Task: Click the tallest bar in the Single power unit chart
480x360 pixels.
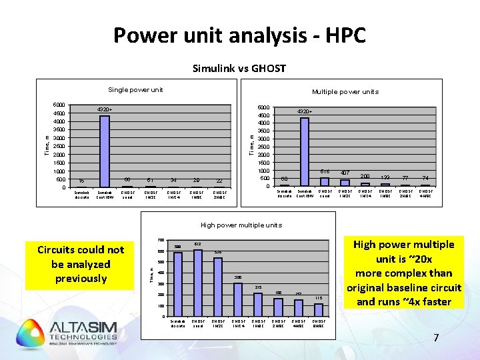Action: click(x=105, y=151)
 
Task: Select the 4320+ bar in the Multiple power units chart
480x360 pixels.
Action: click(x=305, y=151)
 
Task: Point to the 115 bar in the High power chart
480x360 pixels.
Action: click(x=319, y=309)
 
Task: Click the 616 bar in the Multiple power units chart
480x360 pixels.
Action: click(x=325, y=181)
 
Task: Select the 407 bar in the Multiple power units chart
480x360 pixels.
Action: click(x=345, y=183)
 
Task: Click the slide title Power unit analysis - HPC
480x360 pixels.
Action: click(x=239, y=35)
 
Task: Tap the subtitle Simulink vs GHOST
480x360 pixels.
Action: click(x=239, y=68)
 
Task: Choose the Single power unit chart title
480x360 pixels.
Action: click(x=135, y=90)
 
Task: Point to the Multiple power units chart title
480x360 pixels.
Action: click(x=345, y=92)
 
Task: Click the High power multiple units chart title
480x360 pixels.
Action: click(x=240, y=225)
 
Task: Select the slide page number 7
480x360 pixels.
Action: click(x=436, y=338)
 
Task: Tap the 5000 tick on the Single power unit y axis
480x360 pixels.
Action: click(x=59, y=105)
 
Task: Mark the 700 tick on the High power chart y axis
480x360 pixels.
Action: click(x=161, y=240)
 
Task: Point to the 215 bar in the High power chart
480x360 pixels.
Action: click(x=258, y=304)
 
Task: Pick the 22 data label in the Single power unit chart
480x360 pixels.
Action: click(x=219, y=180)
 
